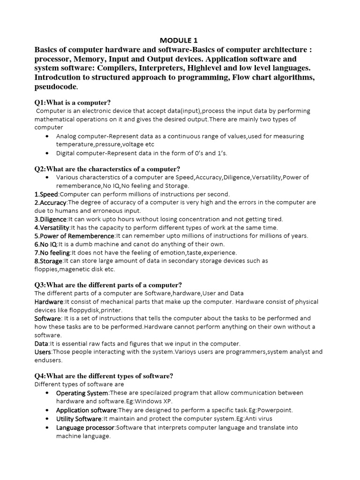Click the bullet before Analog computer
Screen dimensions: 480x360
[49, 136]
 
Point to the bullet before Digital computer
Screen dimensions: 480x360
[49, 153]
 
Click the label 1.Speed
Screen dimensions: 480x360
[46, 194]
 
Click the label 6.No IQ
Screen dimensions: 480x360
[46, 244]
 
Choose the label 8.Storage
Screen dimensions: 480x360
[49, 261]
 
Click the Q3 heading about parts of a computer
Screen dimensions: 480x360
[108, 285]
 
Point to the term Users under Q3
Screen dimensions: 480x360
[43, 352]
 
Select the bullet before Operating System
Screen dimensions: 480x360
[49, 393]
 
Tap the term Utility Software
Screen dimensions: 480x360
[79, 419]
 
